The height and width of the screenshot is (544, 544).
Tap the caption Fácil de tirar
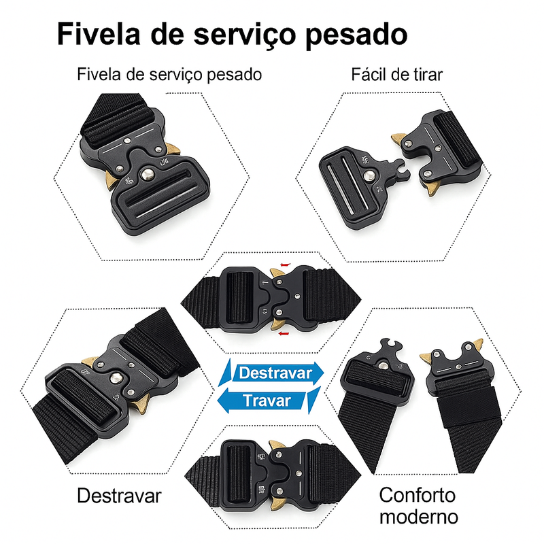pos(396,74)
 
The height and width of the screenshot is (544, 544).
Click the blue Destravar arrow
pos(275,372)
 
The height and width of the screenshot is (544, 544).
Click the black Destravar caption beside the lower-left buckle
pos(119,496)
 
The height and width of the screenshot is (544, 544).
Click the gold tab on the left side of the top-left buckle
pos(112,178)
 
